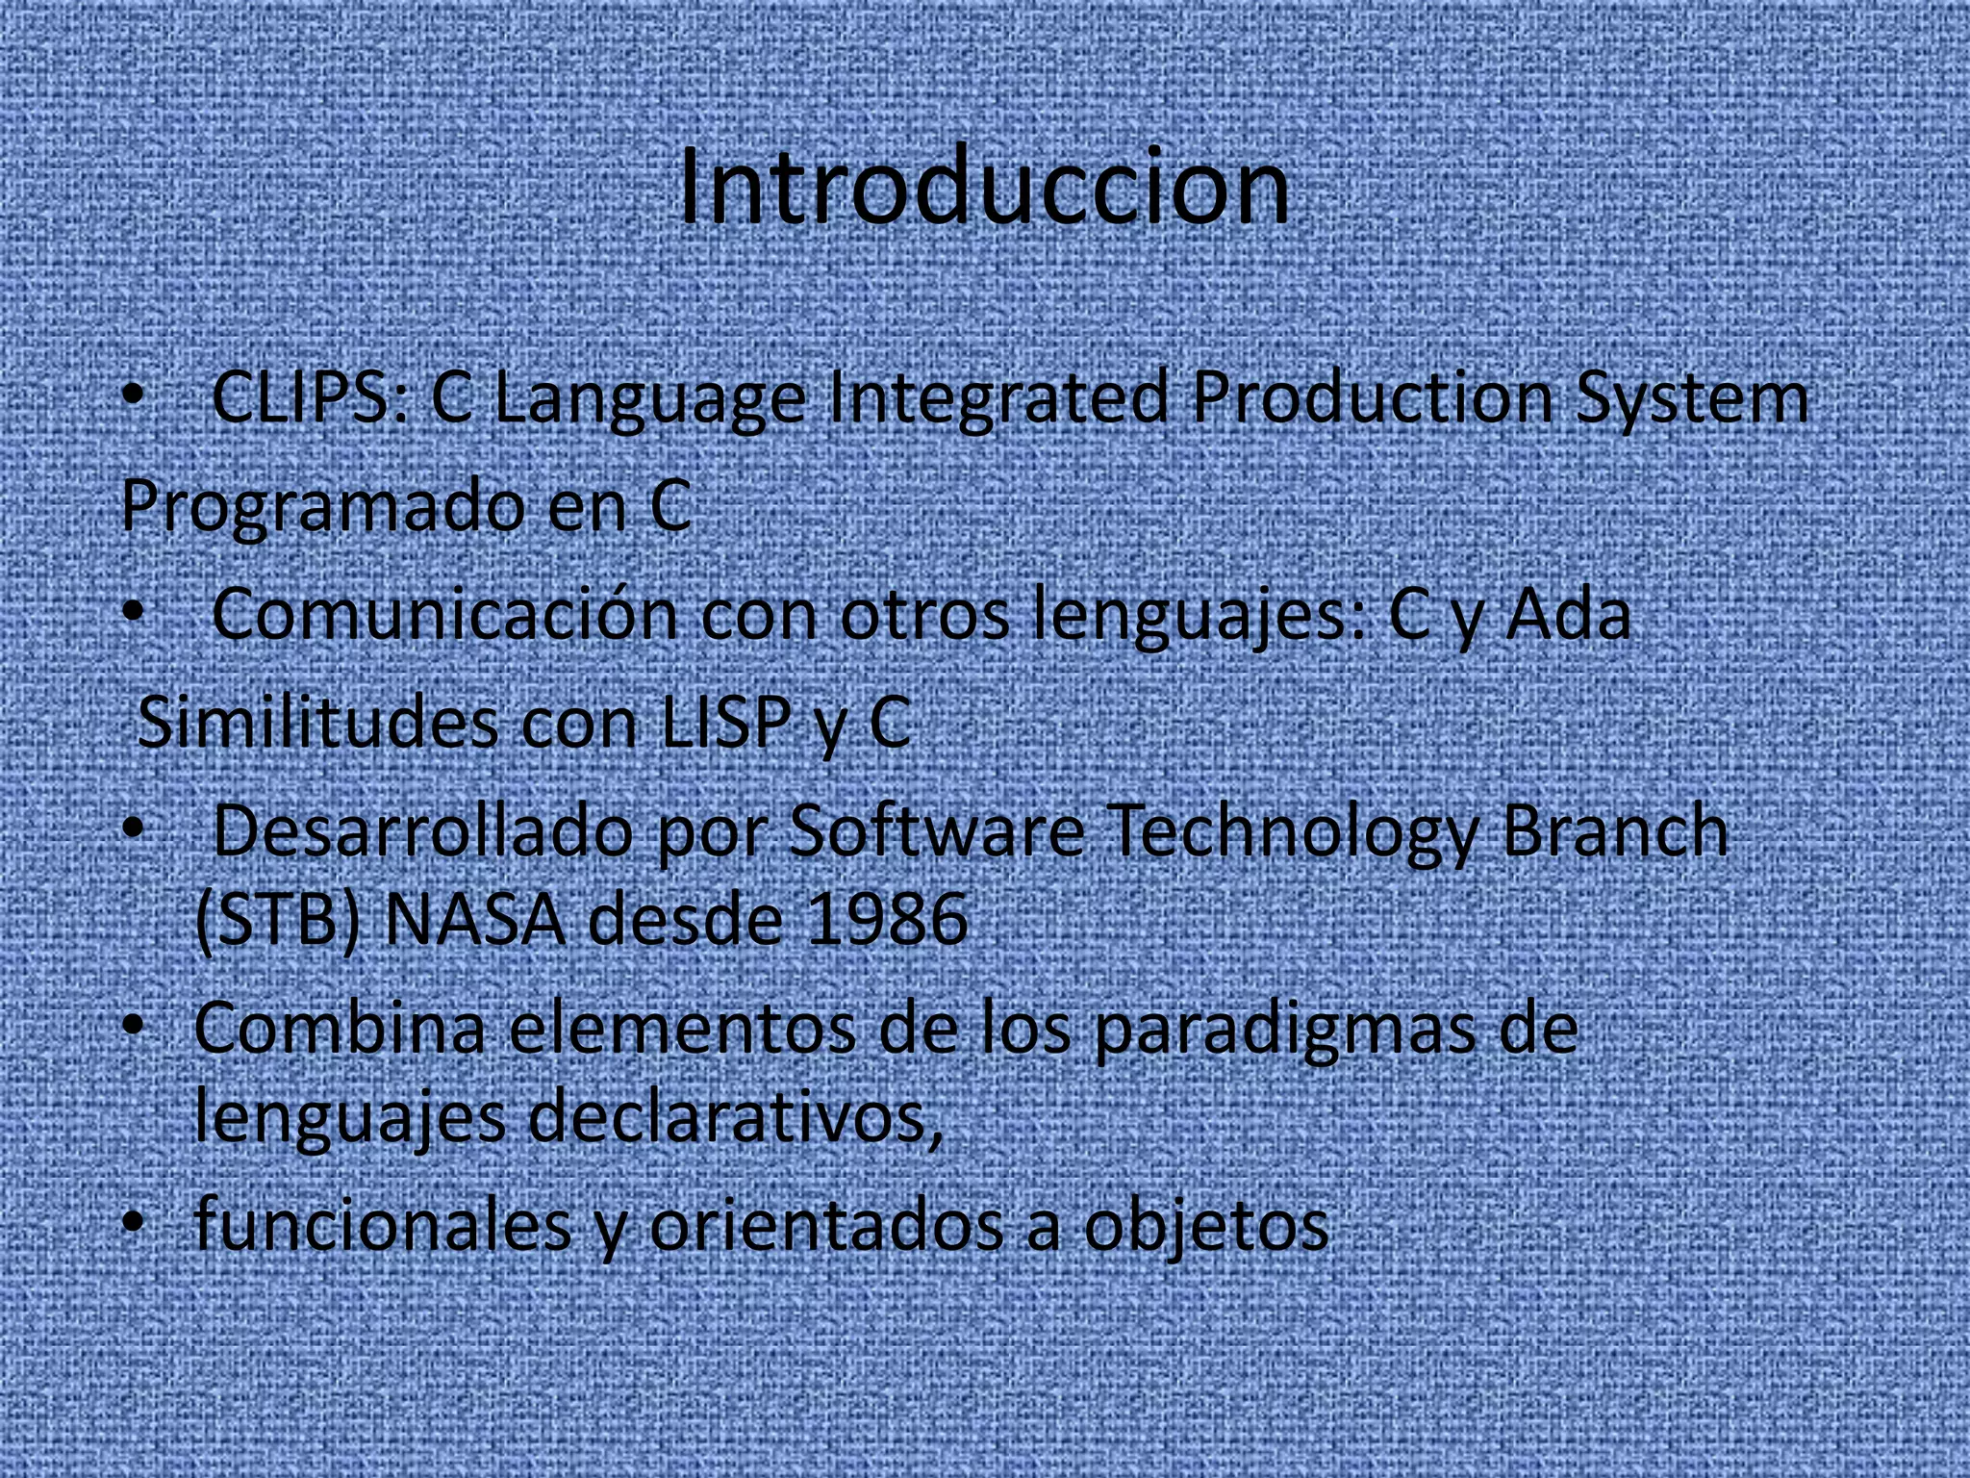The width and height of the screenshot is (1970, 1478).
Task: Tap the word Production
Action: [x=1372, y=397]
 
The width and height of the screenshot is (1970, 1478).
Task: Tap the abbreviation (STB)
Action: [x=277, y=920]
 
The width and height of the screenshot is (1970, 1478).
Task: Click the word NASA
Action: [x=474, y=920]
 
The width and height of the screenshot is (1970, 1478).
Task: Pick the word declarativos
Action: [x=735, y=1116]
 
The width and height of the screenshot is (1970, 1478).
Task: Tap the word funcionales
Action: [x=382, y=1224]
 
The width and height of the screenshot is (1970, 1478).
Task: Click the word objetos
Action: [x=1206, y=1226]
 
